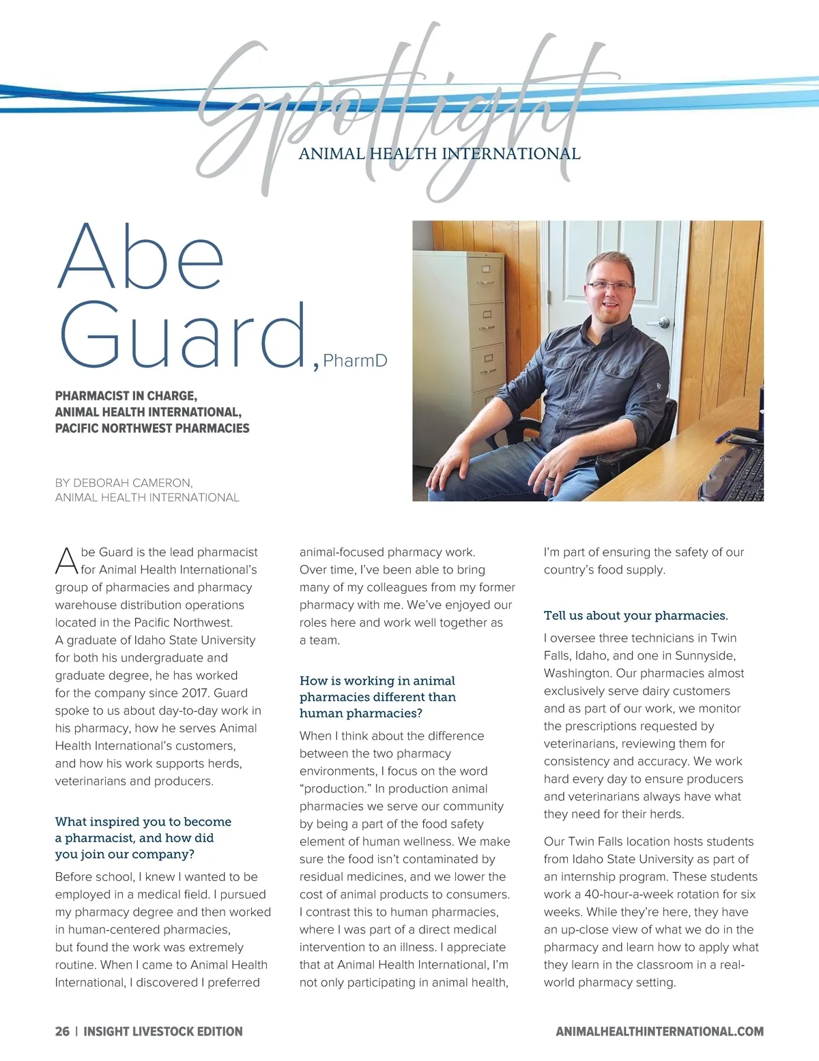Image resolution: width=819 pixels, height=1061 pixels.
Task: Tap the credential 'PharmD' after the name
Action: tap(355, 361)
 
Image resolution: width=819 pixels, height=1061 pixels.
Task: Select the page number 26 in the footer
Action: tap(62, 1031)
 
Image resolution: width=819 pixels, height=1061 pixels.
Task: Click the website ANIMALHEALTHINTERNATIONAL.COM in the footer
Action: tap(659, 1031)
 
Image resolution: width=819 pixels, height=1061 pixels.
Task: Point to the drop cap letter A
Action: tap(66, 561)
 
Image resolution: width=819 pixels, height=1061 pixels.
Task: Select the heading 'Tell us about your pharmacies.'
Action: tap(635, 615)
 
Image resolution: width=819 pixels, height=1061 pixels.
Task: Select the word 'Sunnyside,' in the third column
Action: tap(705, 656)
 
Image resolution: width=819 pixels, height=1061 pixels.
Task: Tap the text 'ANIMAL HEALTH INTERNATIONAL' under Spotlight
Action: tap(440, 154)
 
